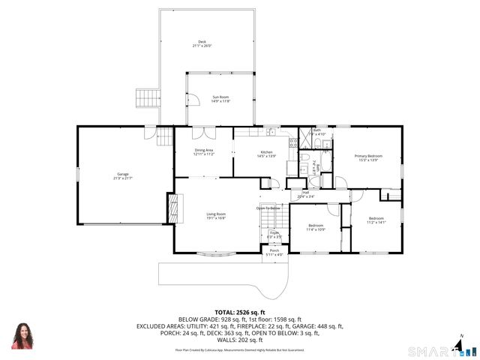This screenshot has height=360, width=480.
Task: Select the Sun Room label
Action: (x=220, y=98)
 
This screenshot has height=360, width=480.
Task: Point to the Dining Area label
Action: (x=204, y=151)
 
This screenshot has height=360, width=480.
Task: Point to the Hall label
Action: (x=306, y=194)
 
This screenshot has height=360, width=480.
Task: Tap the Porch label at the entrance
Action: (x=274, y=252)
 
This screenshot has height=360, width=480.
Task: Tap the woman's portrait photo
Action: (x=22, y=336)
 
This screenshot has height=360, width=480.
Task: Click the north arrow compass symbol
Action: (x=460, y=345)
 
